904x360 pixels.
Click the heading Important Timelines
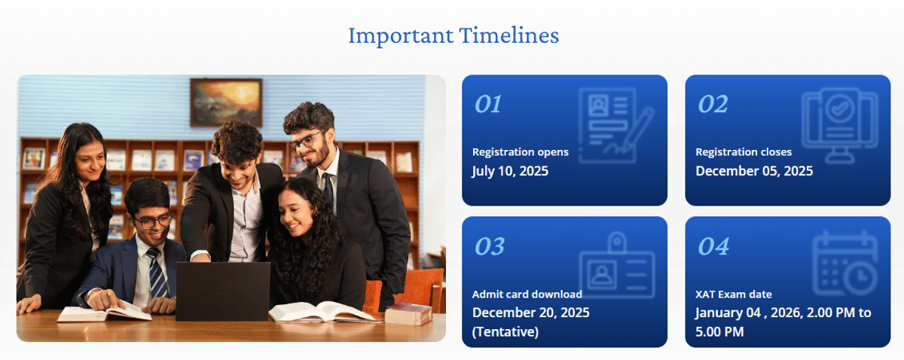(453, 35)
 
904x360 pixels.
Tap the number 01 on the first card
(488, 104)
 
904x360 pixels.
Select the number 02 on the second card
(712, 104)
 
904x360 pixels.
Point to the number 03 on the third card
(489, 246)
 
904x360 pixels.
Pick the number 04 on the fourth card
(713, 246)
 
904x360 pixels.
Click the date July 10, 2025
(510, 171)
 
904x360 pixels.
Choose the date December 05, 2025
(753, 171)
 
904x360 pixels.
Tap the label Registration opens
(520, 152)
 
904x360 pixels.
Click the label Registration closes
(743, 152)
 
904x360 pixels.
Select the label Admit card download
(527, 294)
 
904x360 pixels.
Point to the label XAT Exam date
(733, 294)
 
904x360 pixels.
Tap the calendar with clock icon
(844, 265)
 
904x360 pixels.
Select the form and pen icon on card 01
(615, 124)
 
